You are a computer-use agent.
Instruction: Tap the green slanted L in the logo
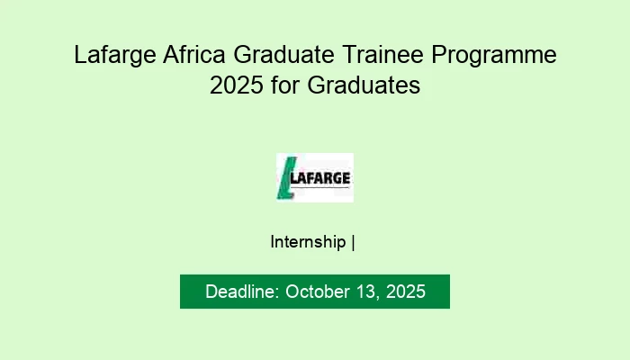(286, 177)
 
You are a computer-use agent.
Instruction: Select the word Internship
(308, 242)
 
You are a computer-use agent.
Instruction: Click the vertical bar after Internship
(354, 242)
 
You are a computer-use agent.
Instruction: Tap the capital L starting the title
(80, 56)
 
